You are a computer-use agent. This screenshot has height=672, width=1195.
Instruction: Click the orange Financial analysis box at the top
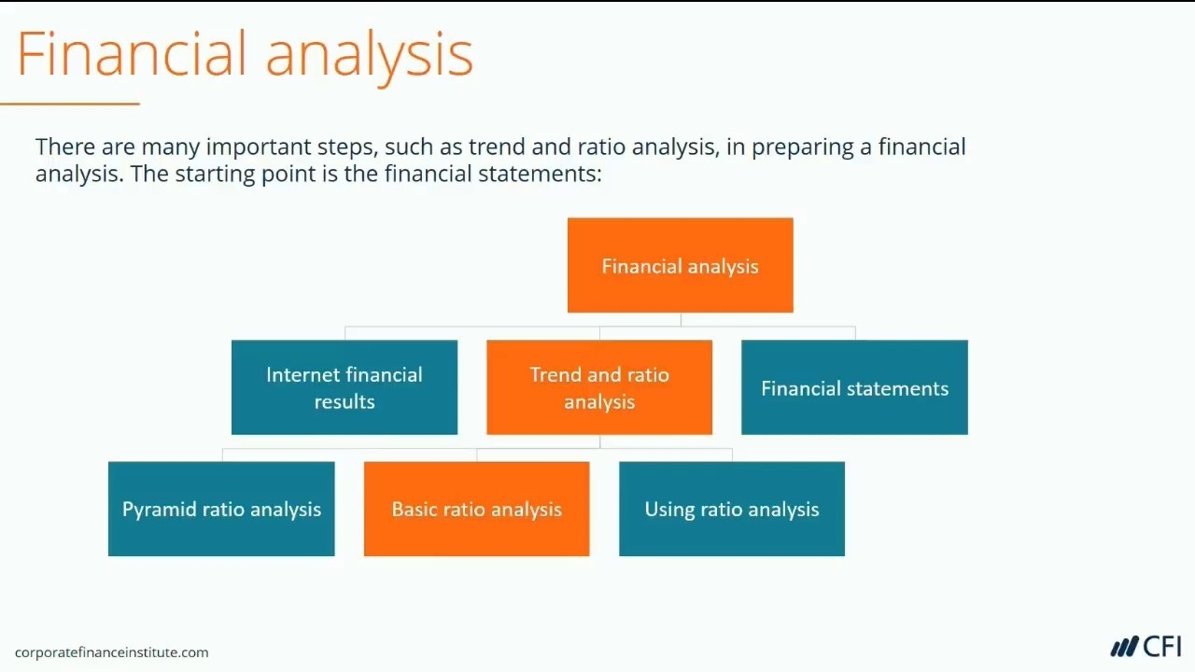pyautogui.click(x=681, y=265)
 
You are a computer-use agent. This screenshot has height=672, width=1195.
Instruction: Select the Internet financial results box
pyautogui.click(x=344, y=387)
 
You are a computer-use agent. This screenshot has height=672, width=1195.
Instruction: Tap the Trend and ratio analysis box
pyautogui.click(x=599, y=387)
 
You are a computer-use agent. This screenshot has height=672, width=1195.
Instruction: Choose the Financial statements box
pyautogui.click(x=854, y=387)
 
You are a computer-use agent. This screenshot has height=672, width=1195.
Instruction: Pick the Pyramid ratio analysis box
pyautogui.click(x=221, y=509)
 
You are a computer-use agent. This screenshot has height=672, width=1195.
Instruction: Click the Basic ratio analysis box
pyautogui.click(x=477, y=509)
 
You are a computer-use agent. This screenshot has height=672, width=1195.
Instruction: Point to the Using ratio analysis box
pyautogui.click(x=732, y=509)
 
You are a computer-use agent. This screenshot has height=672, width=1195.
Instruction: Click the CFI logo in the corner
pyautogui.click(x=1146, y=647)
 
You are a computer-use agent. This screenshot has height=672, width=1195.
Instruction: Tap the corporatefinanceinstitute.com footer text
pyautogui.click(x=111, y=652)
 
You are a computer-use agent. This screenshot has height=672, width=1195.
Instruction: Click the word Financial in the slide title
pyautogui.click(x=133, y=54)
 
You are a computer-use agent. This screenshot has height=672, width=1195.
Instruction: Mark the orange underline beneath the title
pyautogui.click(x=70, y=104)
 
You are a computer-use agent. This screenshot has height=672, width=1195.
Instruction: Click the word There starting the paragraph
pyautogui.click(x=65, y=147)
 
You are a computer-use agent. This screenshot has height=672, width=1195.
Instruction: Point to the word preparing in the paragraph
pyautogui.click(x=802, y=148)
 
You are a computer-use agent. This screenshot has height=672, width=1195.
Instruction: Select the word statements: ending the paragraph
pyautogui.click(x=540, y=174)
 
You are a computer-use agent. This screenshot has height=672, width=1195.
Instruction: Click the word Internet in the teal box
pyautogui.click(x=302, y=374)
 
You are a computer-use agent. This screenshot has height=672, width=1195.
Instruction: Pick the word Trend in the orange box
pyautogui.click(x=555, y=374)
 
